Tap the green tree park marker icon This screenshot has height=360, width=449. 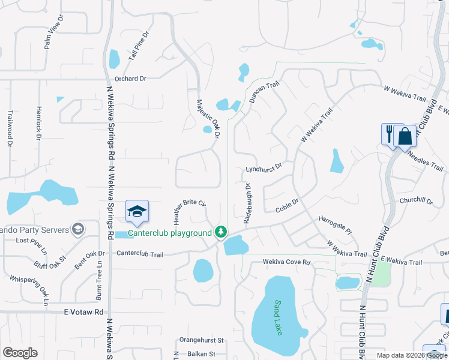coord(221,232)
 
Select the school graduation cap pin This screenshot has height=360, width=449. coord(137,211)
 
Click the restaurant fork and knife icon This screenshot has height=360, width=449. coord(389,133)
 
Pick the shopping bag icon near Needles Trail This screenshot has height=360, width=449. coord(405,136)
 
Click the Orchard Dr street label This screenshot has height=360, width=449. coord(130,79)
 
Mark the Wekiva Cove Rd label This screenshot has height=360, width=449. coord(286,263)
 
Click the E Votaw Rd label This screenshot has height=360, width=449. coord(84,312)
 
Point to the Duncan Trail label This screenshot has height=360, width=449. coord(265,93)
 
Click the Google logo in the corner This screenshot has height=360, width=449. coord(20,353)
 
